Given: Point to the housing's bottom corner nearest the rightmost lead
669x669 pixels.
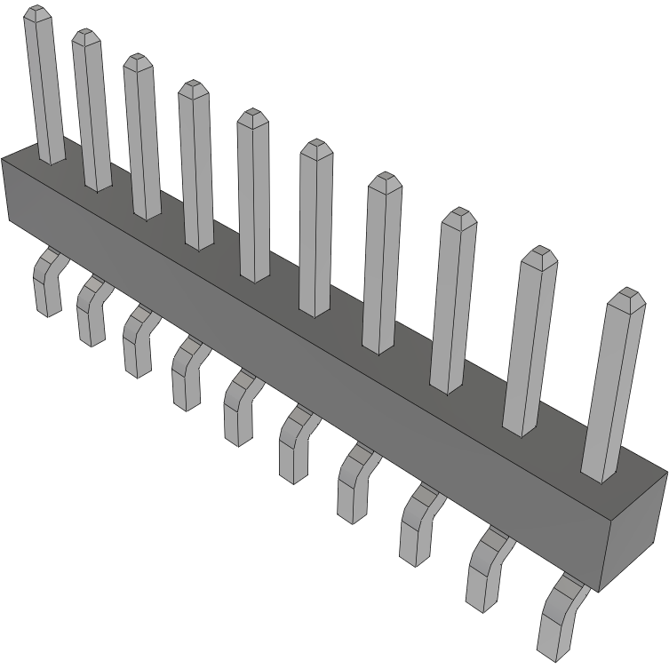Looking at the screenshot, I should click(x=600, y=592).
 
